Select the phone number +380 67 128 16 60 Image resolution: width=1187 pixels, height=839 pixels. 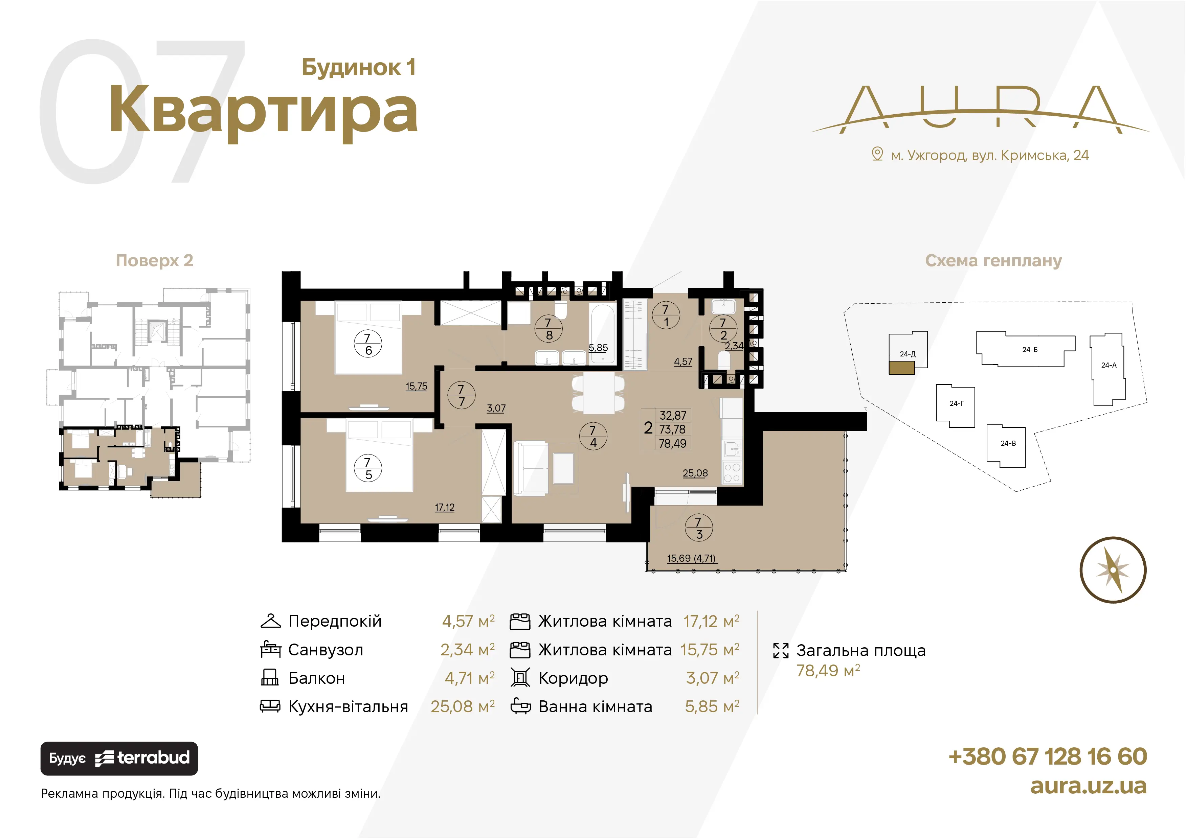tap(1048, 757)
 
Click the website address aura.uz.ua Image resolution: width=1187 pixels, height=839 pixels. tap(1088, 786)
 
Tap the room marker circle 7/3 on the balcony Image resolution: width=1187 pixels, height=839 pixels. tap(698, 528)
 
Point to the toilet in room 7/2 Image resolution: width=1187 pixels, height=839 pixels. tap(724, 359)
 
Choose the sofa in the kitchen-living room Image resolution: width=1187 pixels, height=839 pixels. tap(531, 468)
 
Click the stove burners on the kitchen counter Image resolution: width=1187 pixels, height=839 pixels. tap(732, 473)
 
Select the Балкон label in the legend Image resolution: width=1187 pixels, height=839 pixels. tap(316, 678)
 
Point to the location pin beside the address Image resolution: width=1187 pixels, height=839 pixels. tap(877, 154)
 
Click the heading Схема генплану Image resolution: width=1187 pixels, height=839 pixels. tap(993, 261)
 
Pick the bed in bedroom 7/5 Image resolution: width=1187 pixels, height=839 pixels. tap(379, 455)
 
